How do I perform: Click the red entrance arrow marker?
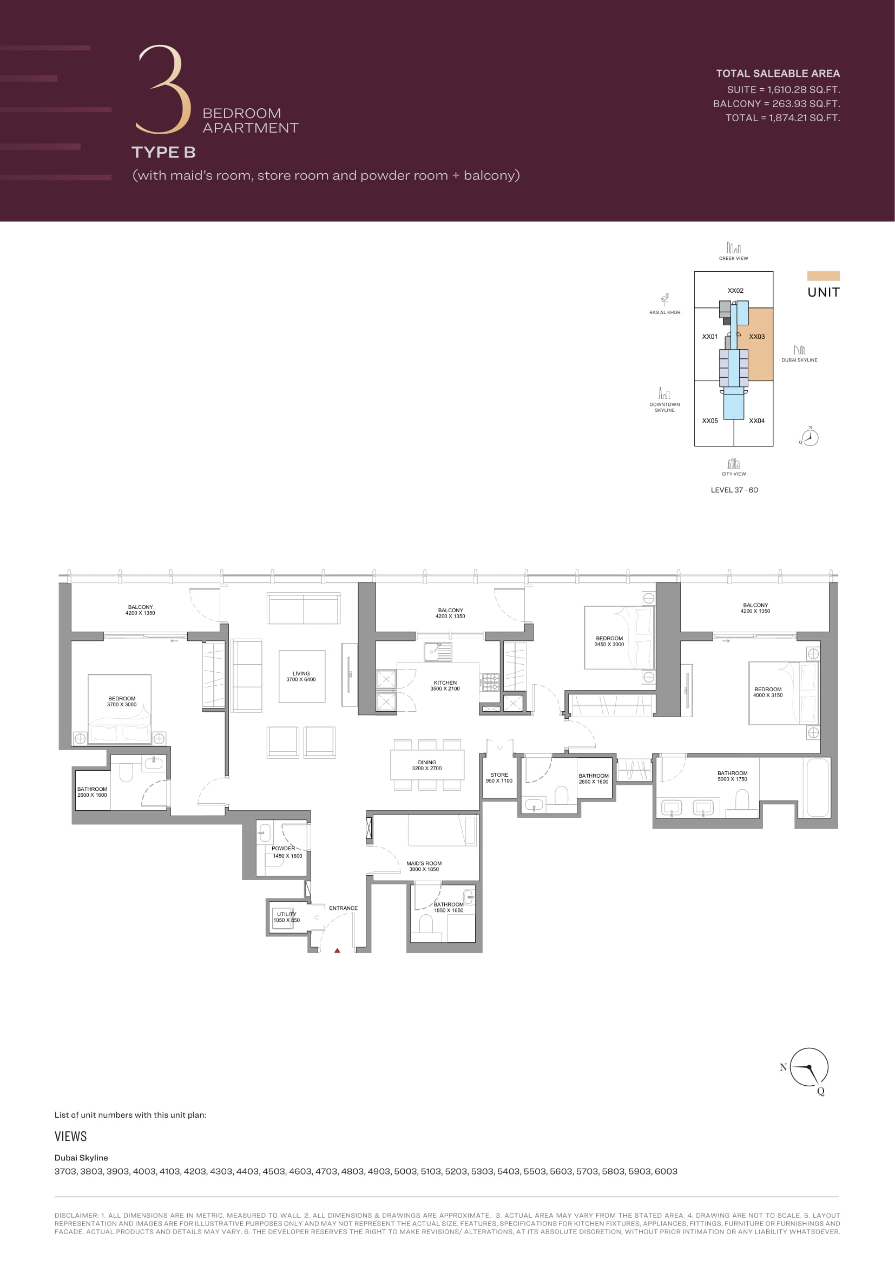[x=337, y=950]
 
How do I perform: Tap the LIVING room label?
[x=301, y=677]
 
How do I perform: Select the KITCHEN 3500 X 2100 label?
[x=445, y=686]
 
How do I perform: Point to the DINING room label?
[x=427, y=765]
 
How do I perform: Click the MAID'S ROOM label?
[x=424, y=866]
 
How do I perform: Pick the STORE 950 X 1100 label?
[x=499, y=778]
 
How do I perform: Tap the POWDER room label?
[x=287, y=852]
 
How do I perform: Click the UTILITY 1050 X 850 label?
[x=287, y=917]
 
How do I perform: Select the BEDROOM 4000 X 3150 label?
[x=768, y=692]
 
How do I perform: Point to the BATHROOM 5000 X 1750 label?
[x=733, y=776]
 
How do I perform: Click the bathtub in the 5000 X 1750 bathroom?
[x=818, y=788]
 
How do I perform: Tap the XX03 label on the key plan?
[x=756, y=336]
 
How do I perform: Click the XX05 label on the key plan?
[x=710, y=421]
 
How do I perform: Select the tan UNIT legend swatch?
[x=824, y=275]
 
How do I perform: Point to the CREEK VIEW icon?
[x=734, y=247]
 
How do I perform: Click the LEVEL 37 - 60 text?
[x=734, y=490]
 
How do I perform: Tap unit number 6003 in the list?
[x=666, y=1171]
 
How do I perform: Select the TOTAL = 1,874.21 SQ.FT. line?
[x=782, y=117]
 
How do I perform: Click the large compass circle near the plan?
[x=809, y=1067]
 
